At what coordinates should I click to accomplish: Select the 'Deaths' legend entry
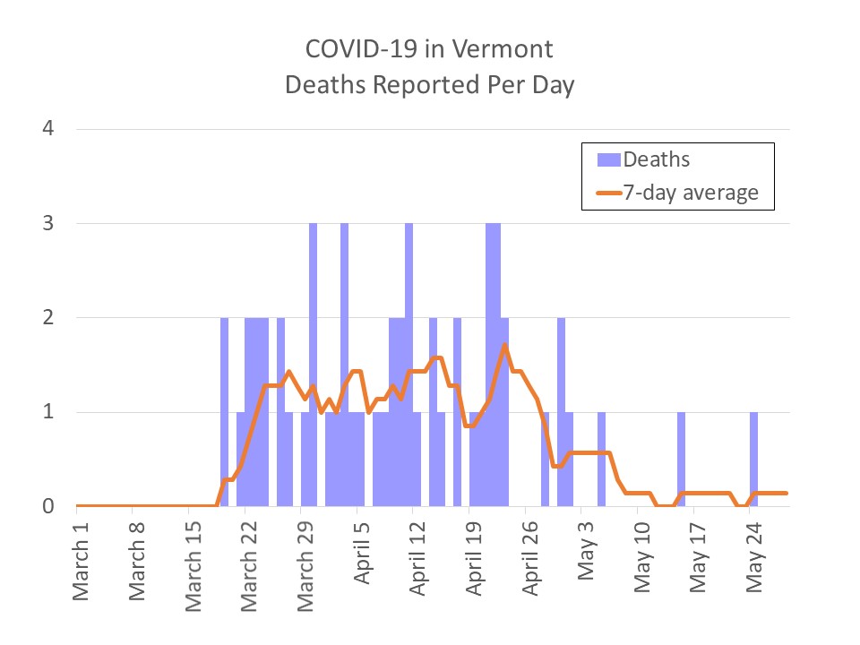tap(657, 159)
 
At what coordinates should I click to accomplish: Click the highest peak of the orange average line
tap(505, 345)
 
